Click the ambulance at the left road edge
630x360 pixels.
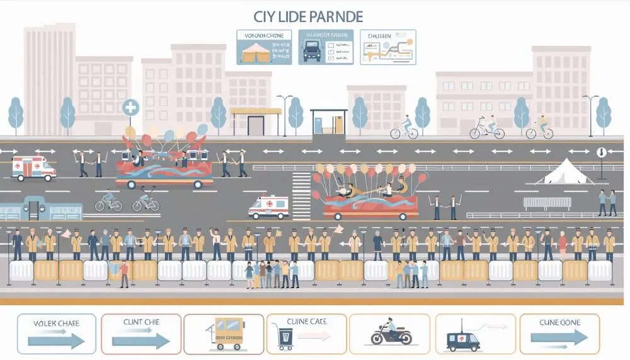pyautogui.click(x=34, y=168)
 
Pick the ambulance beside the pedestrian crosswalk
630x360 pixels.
pyautogui.click(x=268, y=206)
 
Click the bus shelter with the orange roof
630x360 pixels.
pyautogui.click(x=256, y=120)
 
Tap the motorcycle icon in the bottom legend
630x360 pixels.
pyautogui.click(x=391, y=333)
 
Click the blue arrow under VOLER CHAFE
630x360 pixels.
pyautogui.click(x=56, y=341)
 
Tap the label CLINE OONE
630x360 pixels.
pyautogui.click(x=559, y=323)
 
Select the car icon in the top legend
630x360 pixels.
pyautogui.click(x=312, y=50)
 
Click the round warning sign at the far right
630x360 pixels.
pyautogui.click(x=601, y=152)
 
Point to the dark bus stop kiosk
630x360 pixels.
pyautogui.click(x=328, y=122)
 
